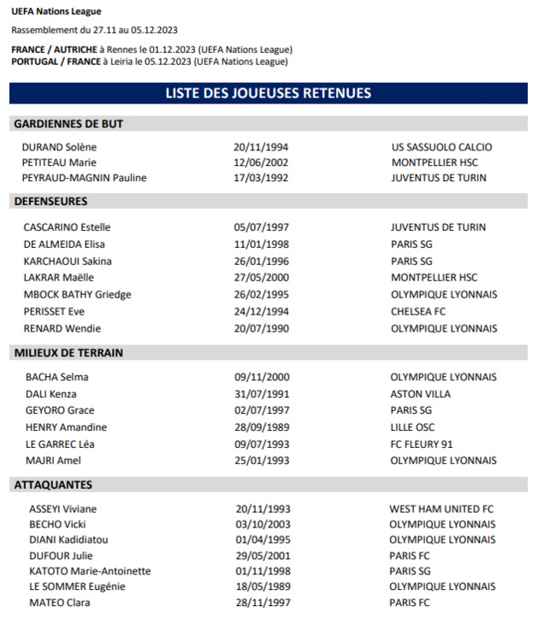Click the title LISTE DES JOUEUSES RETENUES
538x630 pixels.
tap(268, 93)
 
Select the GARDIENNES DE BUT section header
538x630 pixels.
tap(68, 124)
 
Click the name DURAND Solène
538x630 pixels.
tap(59, 147)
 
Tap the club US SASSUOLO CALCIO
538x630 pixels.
tap(441, 147)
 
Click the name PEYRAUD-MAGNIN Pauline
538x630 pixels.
tap(84, 178)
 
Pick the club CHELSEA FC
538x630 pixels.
tap(418, 311)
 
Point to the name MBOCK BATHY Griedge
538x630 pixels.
tap(77, 294)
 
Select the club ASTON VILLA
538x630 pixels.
tap(420, 394)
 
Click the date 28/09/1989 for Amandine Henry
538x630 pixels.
tap(262, 427)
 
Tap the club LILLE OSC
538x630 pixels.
tap(412, 427)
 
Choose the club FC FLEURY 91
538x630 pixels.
tap(422, 444)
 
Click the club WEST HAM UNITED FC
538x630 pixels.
tap(441, 509)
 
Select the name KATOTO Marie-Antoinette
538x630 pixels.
tap(90, 571)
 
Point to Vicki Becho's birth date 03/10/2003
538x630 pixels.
tap(263, 524)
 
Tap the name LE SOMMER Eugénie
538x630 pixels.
tap(77, 586)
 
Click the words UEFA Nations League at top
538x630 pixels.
tap(56, 12)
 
